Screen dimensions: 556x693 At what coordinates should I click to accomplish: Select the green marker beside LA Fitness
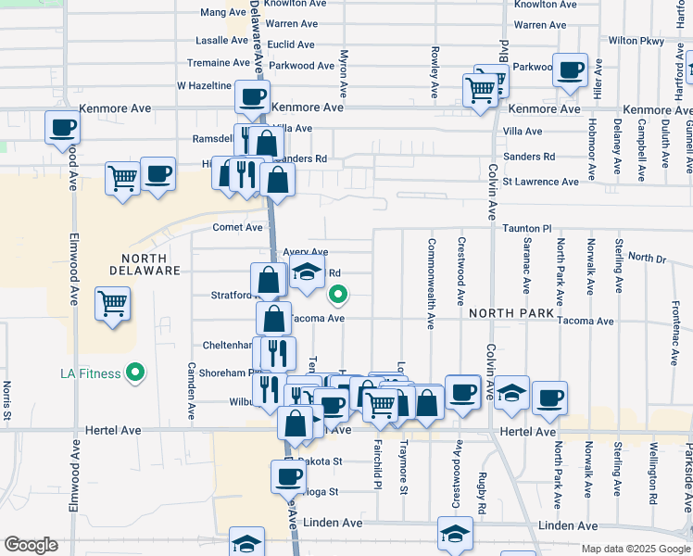point(136,373)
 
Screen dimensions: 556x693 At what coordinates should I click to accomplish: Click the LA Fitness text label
point(90,373)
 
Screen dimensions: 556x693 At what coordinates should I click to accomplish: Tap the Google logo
point(31,545)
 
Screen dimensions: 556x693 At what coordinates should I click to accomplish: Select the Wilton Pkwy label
point(636,41)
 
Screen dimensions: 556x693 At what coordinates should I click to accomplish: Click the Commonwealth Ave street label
point(432,284)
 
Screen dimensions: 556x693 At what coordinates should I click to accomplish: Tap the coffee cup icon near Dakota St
point(288,476)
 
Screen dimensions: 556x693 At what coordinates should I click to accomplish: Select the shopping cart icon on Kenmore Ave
point(480,90)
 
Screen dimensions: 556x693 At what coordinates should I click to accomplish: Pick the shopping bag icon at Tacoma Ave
point(274,319)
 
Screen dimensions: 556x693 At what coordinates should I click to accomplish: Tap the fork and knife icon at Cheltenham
point(275,352)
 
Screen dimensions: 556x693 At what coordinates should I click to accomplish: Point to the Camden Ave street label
point(192,390)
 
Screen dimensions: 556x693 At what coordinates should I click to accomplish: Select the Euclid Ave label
point(292,44)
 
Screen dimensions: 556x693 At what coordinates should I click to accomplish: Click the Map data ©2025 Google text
point(635,549)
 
